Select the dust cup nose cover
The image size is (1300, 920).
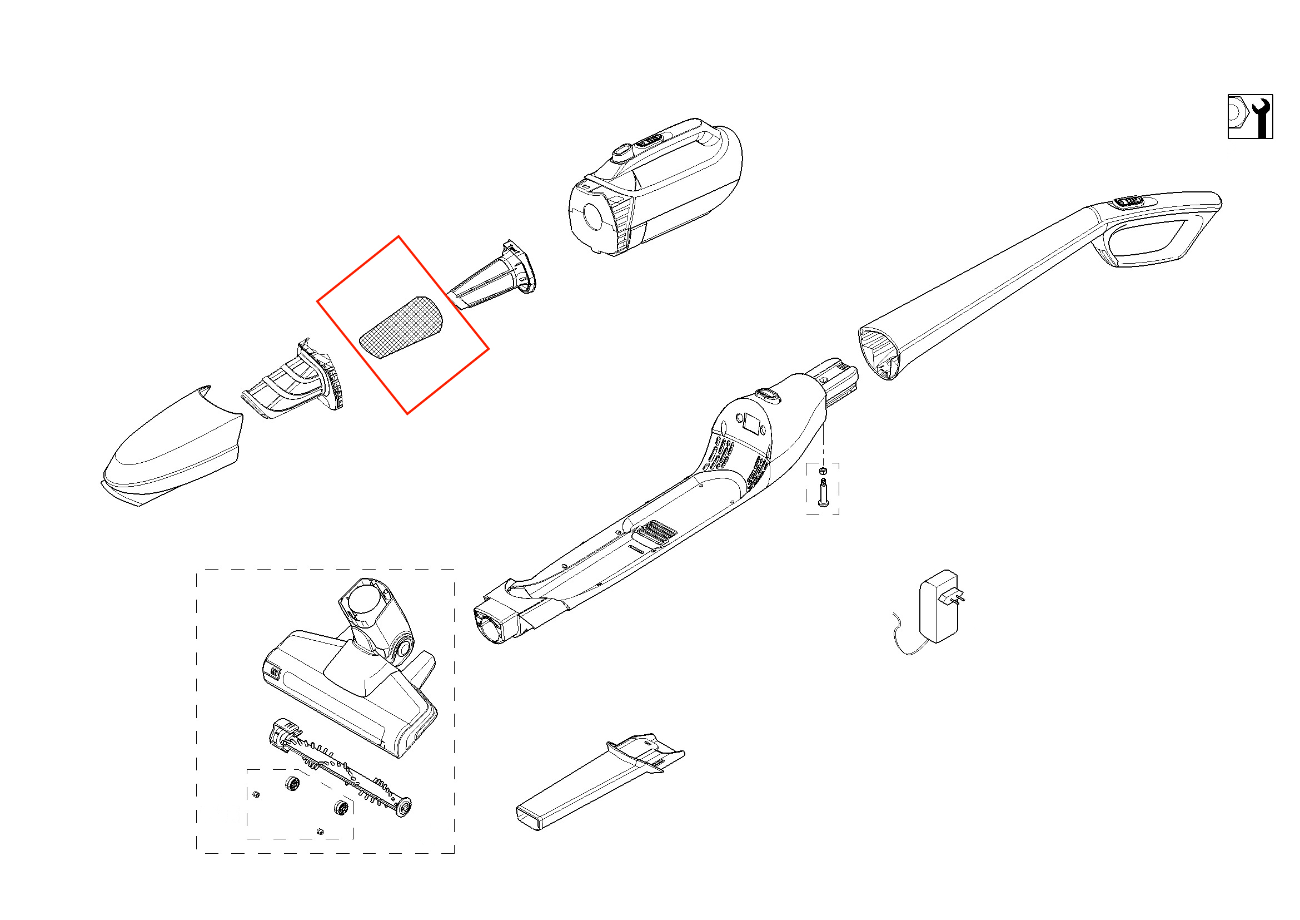(x=173, y=447)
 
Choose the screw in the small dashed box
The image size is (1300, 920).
(x=823, y=492)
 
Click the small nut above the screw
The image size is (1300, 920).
(x=823, y=471)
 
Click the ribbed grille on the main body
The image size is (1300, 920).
(x=657, y=531)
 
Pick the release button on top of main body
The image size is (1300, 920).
(x=767, y=394)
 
